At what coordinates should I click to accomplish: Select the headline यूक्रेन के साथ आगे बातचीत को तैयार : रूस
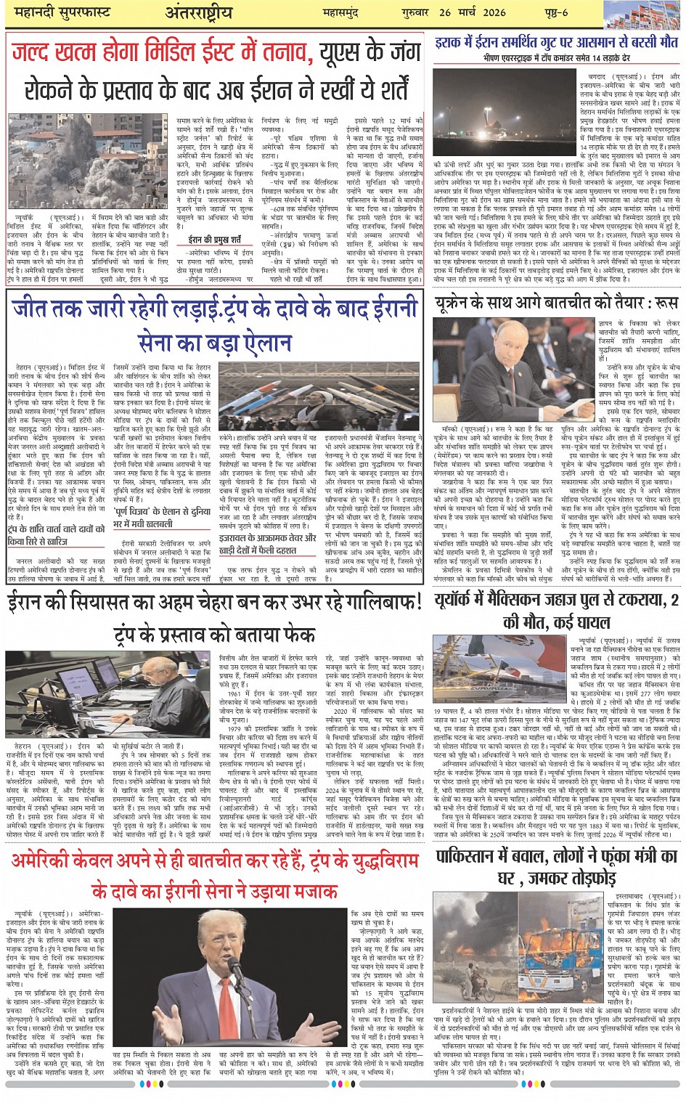[556, 302]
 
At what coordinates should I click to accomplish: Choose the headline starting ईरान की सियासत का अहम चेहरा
[213, 602]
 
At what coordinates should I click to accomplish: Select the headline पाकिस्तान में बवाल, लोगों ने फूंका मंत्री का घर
[556, 867]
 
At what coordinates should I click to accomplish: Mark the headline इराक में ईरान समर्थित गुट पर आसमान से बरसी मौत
[556, 43]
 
